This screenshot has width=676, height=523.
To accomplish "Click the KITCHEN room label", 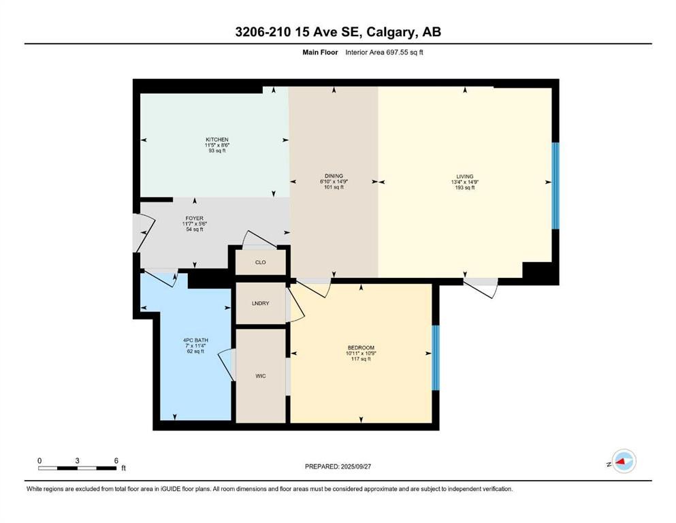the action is tap(217, 140).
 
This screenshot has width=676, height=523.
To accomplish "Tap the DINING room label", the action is tap(334, 176).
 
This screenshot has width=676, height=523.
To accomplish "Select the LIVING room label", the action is tap(465, 176).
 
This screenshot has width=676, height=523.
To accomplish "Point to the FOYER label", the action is tap(195, 219).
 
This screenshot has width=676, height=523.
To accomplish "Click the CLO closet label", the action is tap(261, 262).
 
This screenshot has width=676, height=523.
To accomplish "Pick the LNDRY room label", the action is tap(261, 303).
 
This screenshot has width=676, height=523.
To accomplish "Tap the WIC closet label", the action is tap(261, 376).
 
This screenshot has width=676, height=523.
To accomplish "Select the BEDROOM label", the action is tap(361, 347).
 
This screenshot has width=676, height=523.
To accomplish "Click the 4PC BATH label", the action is tap(195, 340).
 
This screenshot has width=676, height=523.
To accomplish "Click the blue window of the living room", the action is tap(556, 186).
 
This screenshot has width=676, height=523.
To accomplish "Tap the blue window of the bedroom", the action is tap(436, 358).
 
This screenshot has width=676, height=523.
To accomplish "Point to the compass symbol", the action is tap(624, 461).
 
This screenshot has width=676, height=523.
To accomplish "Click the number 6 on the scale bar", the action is tap(116, 460).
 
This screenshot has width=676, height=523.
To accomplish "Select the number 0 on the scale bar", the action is tap(39, 460).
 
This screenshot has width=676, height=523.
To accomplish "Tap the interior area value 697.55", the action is tap(401, 52).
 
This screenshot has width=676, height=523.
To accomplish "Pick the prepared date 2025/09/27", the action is tap(355, 466).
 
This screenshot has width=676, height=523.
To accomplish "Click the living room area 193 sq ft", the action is tap(465, 187).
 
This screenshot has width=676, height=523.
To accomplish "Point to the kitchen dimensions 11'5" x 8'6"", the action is tap(217, 145).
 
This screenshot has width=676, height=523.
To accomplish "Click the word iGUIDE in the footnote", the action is tap(171, 489).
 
